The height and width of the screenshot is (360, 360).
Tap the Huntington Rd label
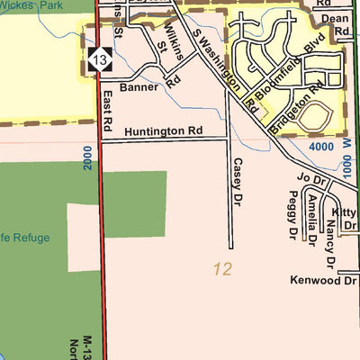165,131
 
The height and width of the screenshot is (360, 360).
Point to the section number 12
223,268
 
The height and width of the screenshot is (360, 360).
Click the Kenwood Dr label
323,281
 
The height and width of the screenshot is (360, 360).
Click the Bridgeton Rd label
302,104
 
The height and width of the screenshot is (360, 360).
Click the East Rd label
106,106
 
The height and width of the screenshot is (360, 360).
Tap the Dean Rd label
335,23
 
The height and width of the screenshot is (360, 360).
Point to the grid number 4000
319,147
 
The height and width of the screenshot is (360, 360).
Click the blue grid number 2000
87,161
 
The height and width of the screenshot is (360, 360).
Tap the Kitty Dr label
346,218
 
